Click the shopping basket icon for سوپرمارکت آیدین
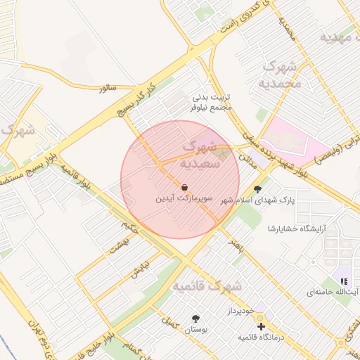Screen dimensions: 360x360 point(184,188)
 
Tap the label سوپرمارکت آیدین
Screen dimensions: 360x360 point(184,200)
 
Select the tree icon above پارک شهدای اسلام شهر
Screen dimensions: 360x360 point(257,188)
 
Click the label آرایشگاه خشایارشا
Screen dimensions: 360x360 point(297,229)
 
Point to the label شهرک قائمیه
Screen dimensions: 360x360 point(207,287)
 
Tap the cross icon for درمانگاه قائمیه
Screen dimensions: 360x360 point(261,326)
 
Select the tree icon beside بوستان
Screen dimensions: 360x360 point(195,318)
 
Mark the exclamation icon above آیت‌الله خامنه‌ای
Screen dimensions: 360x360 point(344,281)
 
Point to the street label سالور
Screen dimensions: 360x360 point(107,88)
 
